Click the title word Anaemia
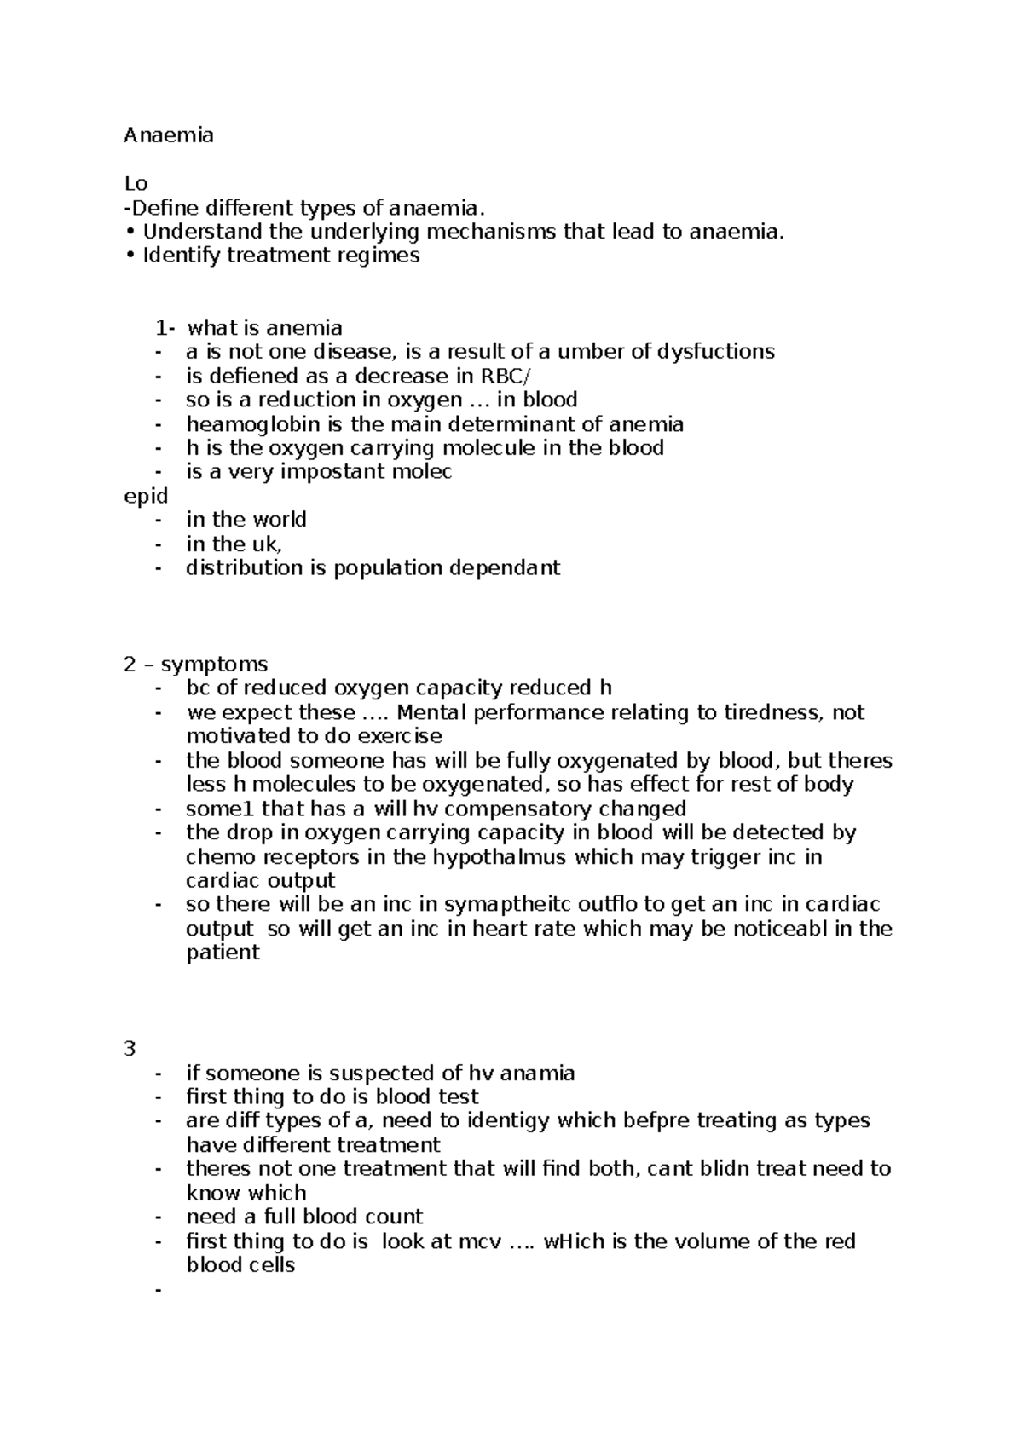[169, 135]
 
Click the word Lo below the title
[136, 183]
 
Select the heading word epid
[146, 496]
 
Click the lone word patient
[223, 953]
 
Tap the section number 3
[130, 1049]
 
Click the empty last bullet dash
[158, 1290]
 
